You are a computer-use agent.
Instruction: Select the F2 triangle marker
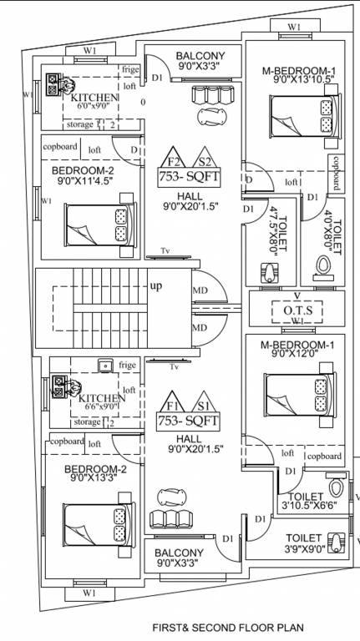(x=174, y=161)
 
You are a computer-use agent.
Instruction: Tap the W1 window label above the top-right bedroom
(x=294, y=28)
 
